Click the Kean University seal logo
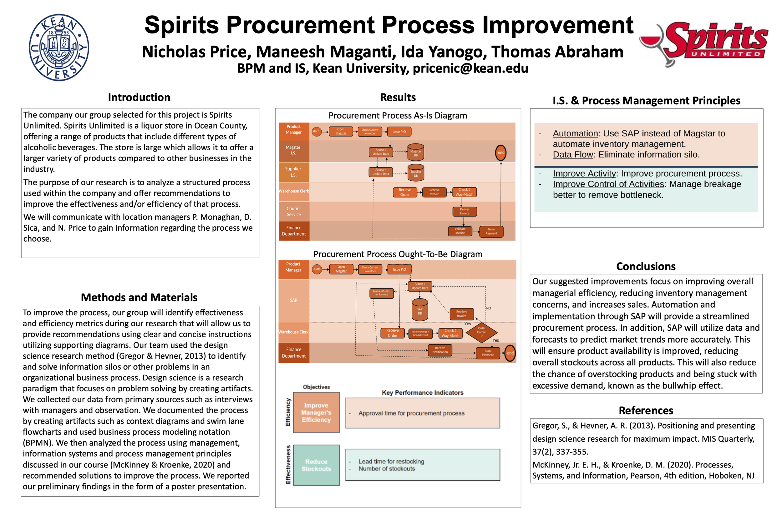point(59,47)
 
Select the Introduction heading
point(139,97)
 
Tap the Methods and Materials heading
point(139,298)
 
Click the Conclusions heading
point(646,267)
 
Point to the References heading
point(646,411)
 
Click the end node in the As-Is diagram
point(501,153)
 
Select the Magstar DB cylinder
point(416,153)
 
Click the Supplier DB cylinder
point(416,173)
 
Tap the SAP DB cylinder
point(420,310)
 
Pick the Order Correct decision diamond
point(481,332)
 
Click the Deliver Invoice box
point(465,212)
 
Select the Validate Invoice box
point(460,231)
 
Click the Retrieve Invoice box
point(461,314)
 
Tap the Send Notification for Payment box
point(382,293)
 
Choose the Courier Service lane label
point(294,212)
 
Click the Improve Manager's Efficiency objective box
point(316,412)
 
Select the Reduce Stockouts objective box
point(316,465)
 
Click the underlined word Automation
point(575,133)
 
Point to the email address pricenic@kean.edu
point(470,68)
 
